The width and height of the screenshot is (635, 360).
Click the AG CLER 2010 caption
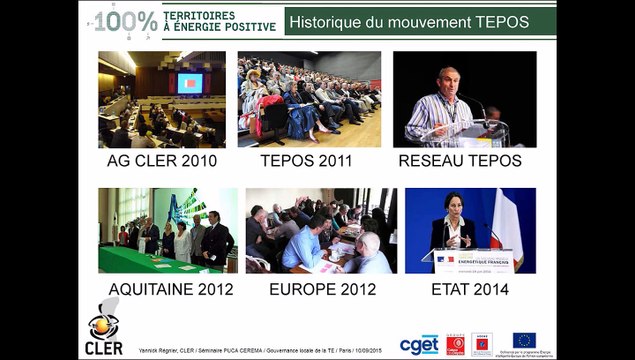click(161, 159)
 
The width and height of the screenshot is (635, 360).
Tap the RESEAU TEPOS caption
click(460, 159)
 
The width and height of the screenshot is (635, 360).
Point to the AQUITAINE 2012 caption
click(170, 290)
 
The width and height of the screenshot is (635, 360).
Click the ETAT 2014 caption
click(464, 290)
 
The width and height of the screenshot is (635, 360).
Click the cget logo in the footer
click(419, 344)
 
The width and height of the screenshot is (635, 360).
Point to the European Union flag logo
click(524, 340)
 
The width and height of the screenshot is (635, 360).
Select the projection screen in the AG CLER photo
click(190, 83)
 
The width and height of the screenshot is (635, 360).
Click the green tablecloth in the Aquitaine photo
click(150, 260)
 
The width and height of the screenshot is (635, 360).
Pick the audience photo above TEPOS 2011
click(309, 99)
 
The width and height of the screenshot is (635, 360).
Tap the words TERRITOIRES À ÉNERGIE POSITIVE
click(213, 20)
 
